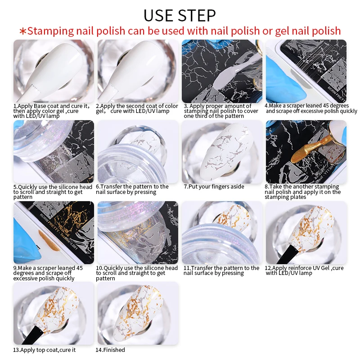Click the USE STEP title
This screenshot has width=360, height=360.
pos(180,15)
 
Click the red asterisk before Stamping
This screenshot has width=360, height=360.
pos(23,31)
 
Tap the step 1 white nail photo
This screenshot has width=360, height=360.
pos(54,71)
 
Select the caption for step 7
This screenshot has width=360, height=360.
pos(214,187)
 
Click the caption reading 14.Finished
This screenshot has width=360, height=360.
pos(110,350)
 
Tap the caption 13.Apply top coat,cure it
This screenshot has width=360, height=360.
pos(44,350)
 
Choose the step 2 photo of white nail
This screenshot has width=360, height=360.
pos(138,71)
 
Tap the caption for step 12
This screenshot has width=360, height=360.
pos(304,270)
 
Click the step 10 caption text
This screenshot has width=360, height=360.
pos(137,273)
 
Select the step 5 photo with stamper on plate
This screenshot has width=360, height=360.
pos(54,152)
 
